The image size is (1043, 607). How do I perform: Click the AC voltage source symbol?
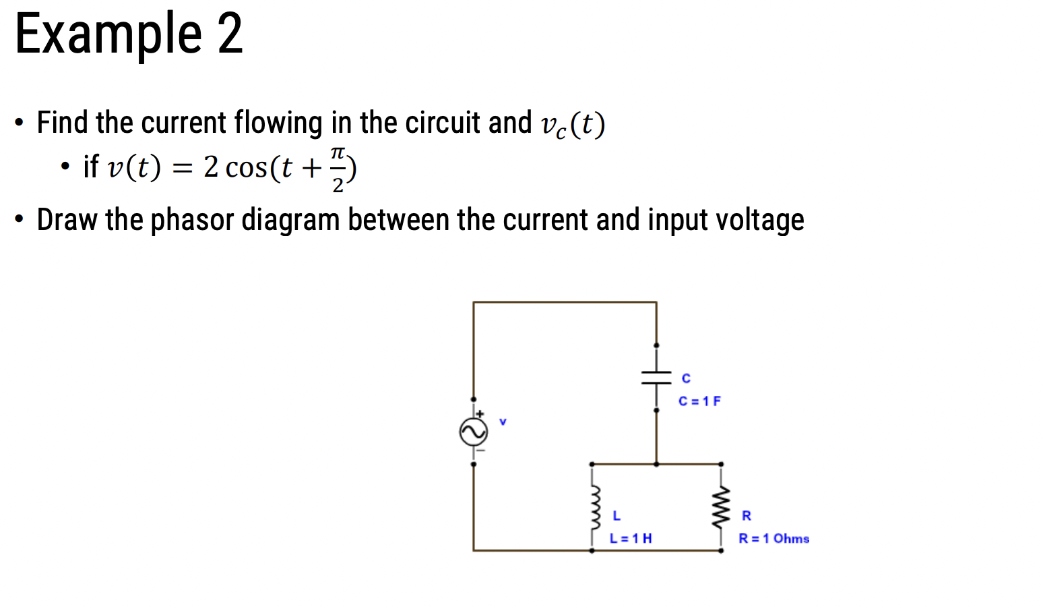(x=474, y=432)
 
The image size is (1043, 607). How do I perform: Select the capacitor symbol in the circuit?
(x=656, y=378)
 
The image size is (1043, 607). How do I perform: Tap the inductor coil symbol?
(x=592, y=507)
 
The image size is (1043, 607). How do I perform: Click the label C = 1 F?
(x=699, y=401)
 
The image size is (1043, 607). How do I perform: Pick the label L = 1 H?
(x=631, y=538)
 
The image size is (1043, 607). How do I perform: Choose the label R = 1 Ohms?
(x=773, y=538)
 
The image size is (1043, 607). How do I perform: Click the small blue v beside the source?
(x=503, y=422)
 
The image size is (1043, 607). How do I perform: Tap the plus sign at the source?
(x=480, y=413)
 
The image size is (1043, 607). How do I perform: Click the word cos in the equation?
(x=247, y=167)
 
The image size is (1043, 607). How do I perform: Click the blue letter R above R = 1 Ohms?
(x=747, y=516)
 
